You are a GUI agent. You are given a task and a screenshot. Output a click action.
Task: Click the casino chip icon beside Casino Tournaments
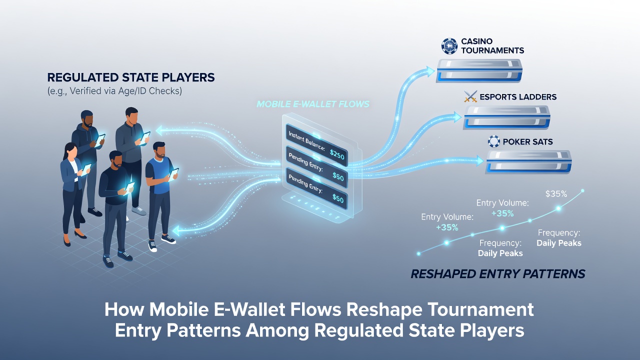pos(449,46)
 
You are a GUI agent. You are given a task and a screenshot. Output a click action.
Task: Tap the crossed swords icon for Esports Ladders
pos(470,96)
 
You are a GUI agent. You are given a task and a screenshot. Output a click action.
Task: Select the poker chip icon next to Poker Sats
pos(493,141)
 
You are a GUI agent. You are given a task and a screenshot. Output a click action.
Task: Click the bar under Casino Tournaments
pos(479,71)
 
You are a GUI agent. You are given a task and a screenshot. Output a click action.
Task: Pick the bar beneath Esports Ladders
pos(506,117)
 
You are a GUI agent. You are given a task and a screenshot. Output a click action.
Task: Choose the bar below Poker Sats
pos(528,161)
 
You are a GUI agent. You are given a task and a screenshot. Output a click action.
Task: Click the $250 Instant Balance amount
pos(337,154)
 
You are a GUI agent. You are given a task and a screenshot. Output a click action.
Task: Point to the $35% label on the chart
pos(556,194)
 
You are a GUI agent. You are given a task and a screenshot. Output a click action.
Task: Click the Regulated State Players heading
pos(131,77)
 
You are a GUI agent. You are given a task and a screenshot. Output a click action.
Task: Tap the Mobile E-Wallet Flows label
pos(313,104)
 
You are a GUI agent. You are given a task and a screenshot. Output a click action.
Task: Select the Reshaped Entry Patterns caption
pos(497,273)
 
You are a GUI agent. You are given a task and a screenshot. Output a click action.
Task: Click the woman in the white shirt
pos(73,194)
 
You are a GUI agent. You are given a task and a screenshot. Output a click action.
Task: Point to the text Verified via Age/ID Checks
pos(125,91)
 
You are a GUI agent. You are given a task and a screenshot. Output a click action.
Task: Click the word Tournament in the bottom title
pos(480,309)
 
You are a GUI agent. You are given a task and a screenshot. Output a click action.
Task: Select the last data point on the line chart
pos(582,190)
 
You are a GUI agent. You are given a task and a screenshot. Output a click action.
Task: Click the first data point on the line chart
pos(418,253)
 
